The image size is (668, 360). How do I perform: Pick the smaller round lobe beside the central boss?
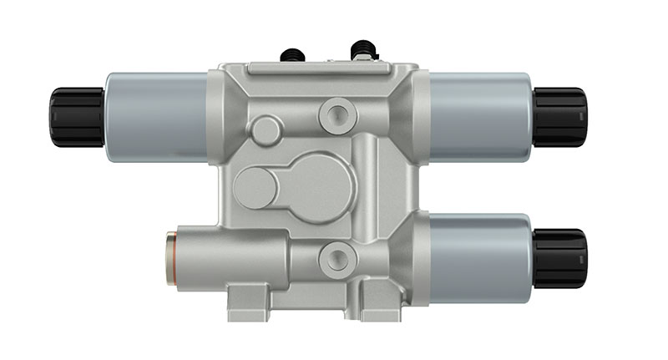pos(255,184)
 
